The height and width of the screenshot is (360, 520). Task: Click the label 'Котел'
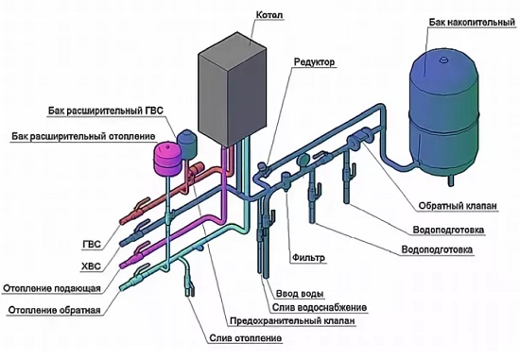(x=269, y=15)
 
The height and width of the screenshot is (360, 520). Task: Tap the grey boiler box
(x=233, y=90)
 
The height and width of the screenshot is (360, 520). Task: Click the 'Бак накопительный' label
(x=472, y=23)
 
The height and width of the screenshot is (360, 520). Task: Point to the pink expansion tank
(x=167, y=158)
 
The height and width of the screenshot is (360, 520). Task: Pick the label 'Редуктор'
(x=315, y=62)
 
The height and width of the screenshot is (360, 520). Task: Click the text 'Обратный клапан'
(x=458, y=206)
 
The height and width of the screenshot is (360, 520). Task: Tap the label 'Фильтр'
(x=308, y=258)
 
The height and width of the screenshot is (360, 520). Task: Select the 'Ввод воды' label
(x=300, y=294)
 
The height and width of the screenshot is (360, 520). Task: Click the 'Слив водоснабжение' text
(x=320, y=308)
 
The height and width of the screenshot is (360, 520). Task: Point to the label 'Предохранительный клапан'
(x=292, y=321)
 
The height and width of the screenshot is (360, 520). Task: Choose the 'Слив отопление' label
(x=246, y=338)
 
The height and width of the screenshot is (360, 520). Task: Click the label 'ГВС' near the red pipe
(x=92, y=245)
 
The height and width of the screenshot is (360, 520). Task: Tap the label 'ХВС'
(x=91, y=266)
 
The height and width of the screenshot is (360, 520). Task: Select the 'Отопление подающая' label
(x=52, y=288)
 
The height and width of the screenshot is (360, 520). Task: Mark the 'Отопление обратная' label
(x=55, y=311)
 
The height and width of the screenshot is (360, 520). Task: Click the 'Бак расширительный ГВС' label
(x=106, y=111)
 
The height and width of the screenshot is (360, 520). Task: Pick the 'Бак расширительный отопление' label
(x=83, y=136)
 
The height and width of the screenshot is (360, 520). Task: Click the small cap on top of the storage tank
(x=443, y=60)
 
